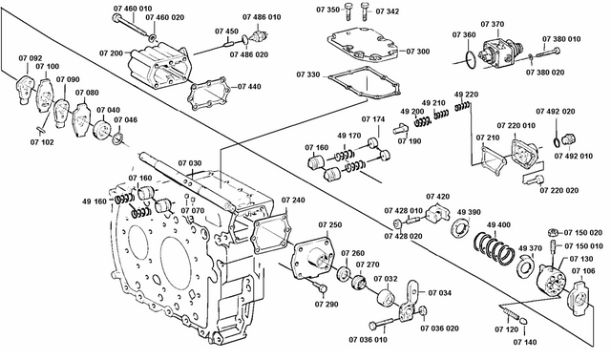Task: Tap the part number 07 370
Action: point(492,24)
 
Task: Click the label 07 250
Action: point(329,224)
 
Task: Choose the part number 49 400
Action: point(499,225)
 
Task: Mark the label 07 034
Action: point(440,293)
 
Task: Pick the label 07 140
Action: point(525,340)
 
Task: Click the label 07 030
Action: point(188,163)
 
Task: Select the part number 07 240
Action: point(293,201)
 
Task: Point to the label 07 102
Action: point(41,142)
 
